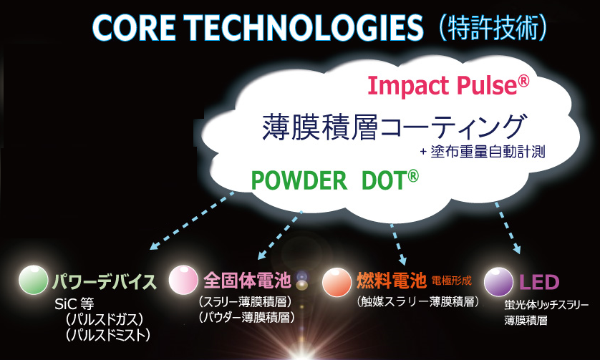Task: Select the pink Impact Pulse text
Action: point(448,85)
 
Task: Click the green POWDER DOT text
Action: point(335,180)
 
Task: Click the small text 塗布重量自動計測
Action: point(488,152)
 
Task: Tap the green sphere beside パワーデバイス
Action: point(34,280)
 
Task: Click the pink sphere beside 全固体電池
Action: point(183,280)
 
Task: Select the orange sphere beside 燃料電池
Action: point(337,282)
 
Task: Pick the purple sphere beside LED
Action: point(498,282)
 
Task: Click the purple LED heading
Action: point(539,282)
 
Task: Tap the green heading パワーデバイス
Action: point(104,282)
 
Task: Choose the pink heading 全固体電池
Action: point(247,281)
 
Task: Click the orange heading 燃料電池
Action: point(392,281)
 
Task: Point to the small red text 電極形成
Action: point(452,281)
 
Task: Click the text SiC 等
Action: point(74,304)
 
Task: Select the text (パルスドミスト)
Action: point(107,335)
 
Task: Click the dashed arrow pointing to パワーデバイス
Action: point(192,220)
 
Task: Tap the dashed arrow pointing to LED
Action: point(508,228)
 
